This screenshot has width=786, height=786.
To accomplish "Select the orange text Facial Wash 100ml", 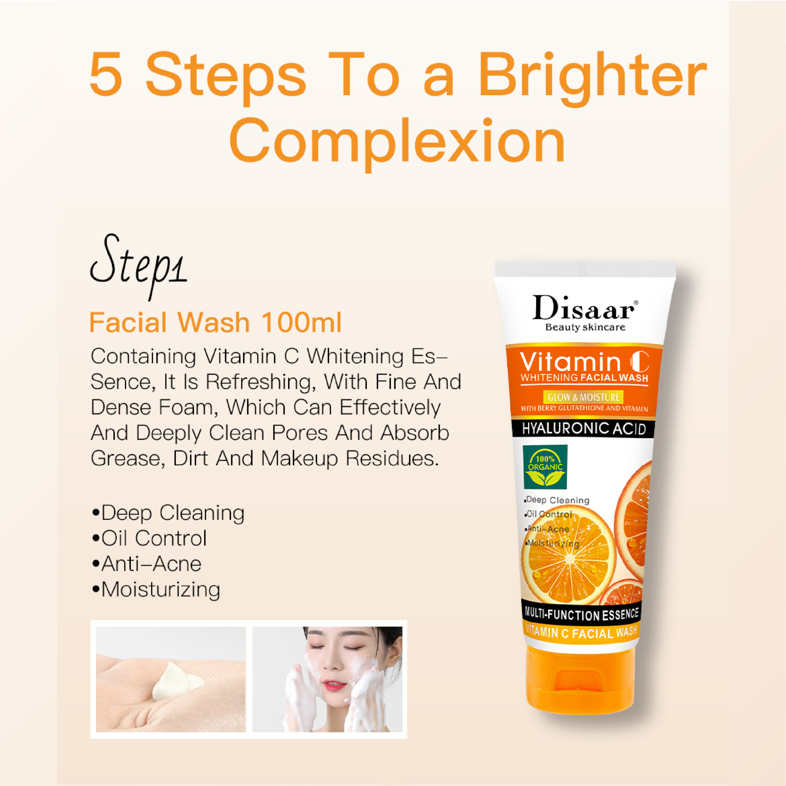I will pyautogui.click(x=215, y=323).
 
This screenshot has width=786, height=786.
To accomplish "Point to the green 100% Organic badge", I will pyautogui.click(x=545, y=467).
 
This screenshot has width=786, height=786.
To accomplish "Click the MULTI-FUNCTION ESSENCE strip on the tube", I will pyautogui.click(x=582, y=614).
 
